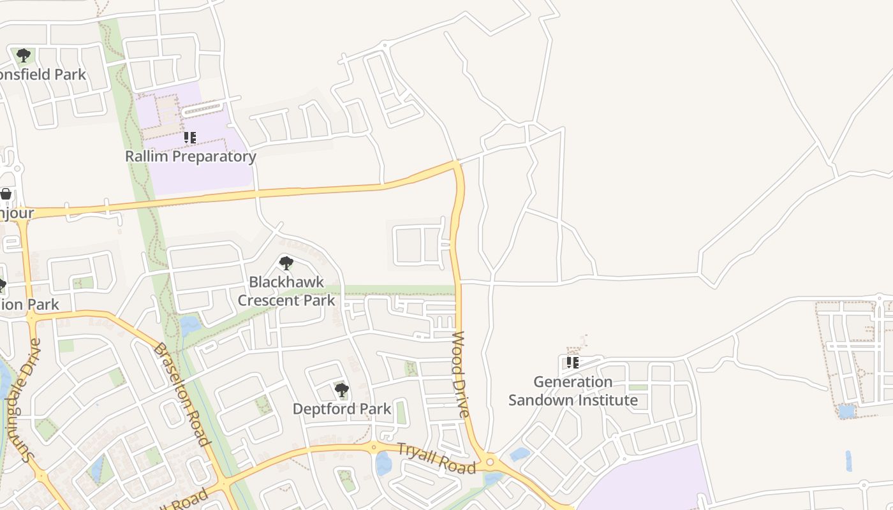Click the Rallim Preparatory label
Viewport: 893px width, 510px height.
(x=190, y=156)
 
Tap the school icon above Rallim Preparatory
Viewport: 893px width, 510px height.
(x=190, y=137)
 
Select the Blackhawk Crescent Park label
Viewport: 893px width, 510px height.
(x=286, y=291)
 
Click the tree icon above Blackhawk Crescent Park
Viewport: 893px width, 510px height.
(x=286, y=262)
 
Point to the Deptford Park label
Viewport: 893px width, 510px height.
(x=341, y=409)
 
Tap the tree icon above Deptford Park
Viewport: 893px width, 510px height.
(x=342, y=390)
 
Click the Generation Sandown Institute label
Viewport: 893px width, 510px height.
(x=573, y=391)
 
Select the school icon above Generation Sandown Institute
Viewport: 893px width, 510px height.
(x=573, y=363)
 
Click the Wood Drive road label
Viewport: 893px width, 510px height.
(x=461, y=374)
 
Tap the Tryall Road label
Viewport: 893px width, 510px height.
(x=437, y=458)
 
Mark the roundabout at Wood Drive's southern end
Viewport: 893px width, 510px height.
(x=490, y=462)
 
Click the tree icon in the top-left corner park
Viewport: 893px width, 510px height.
(x=24, y=55)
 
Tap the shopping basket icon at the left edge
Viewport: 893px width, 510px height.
(x=6, y=194)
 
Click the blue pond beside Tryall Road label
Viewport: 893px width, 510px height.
(x=383, y=463)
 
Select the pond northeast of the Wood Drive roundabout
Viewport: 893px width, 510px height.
(x=520, y=454)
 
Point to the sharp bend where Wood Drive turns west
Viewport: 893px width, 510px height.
(x=456, y=164)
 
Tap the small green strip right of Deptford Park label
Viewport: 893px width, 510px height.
(x=401, y=412)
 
